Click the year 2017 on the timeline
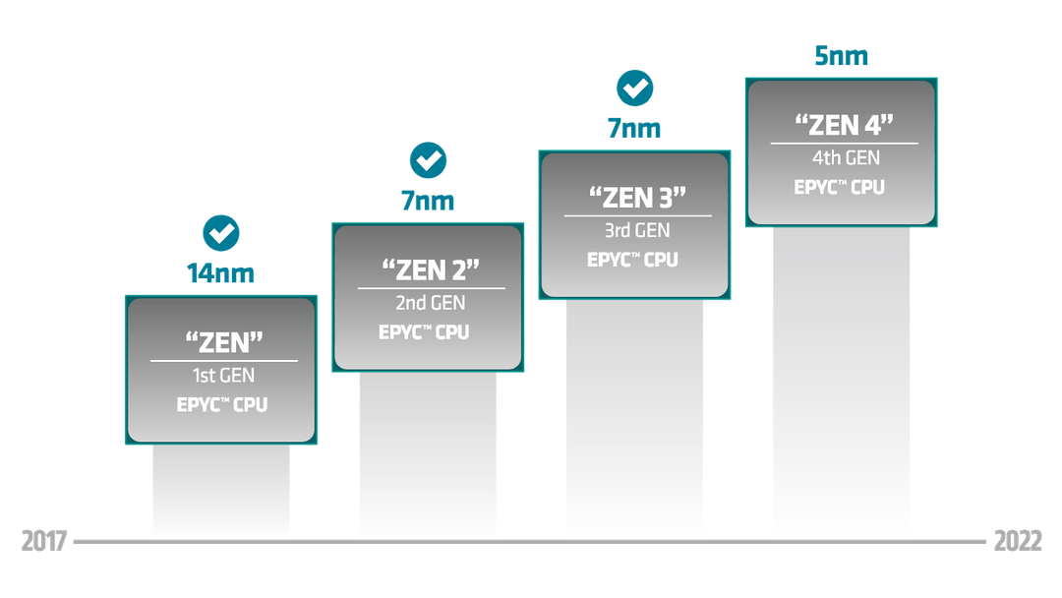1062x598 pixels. pos(44,541)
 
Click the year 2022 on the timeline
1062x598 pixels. pos(1018,541)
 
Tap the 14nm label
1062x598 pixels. pos(221,272)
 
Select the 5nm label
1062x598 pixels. pos(841,55)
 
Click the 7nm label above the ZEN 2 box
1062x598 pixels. pos(428,201)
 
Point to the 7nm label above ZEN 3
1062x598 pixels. pos(634,128)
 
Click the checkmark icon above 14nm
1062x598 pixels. pos(221,233)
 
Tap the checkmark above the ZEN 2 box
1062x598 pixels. pos(428,160)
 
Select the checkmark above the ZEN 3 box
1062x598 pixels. pos(634,89)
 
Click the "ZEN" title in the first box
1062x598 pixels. pos(224,342)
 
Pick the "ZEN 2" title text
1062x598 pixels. pos(431,269)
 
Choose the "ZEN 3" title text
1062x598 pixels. pos(637,197)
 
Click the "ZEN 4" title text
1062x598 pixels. pos(844,125)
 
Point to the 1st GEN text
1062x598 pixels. pos(223,375)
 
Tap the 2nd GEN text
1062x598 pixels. pos(431,303)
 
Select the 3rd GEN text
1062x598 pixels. pos(637,230)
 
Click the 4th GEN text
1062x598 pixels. pos(846,157)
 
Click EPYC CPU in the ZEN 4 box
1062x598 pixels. pos(839,187)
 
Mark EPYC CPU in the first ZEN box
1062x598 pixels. pos(222,404)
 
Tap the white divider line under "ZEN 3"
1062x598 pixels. pos(638,216)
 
